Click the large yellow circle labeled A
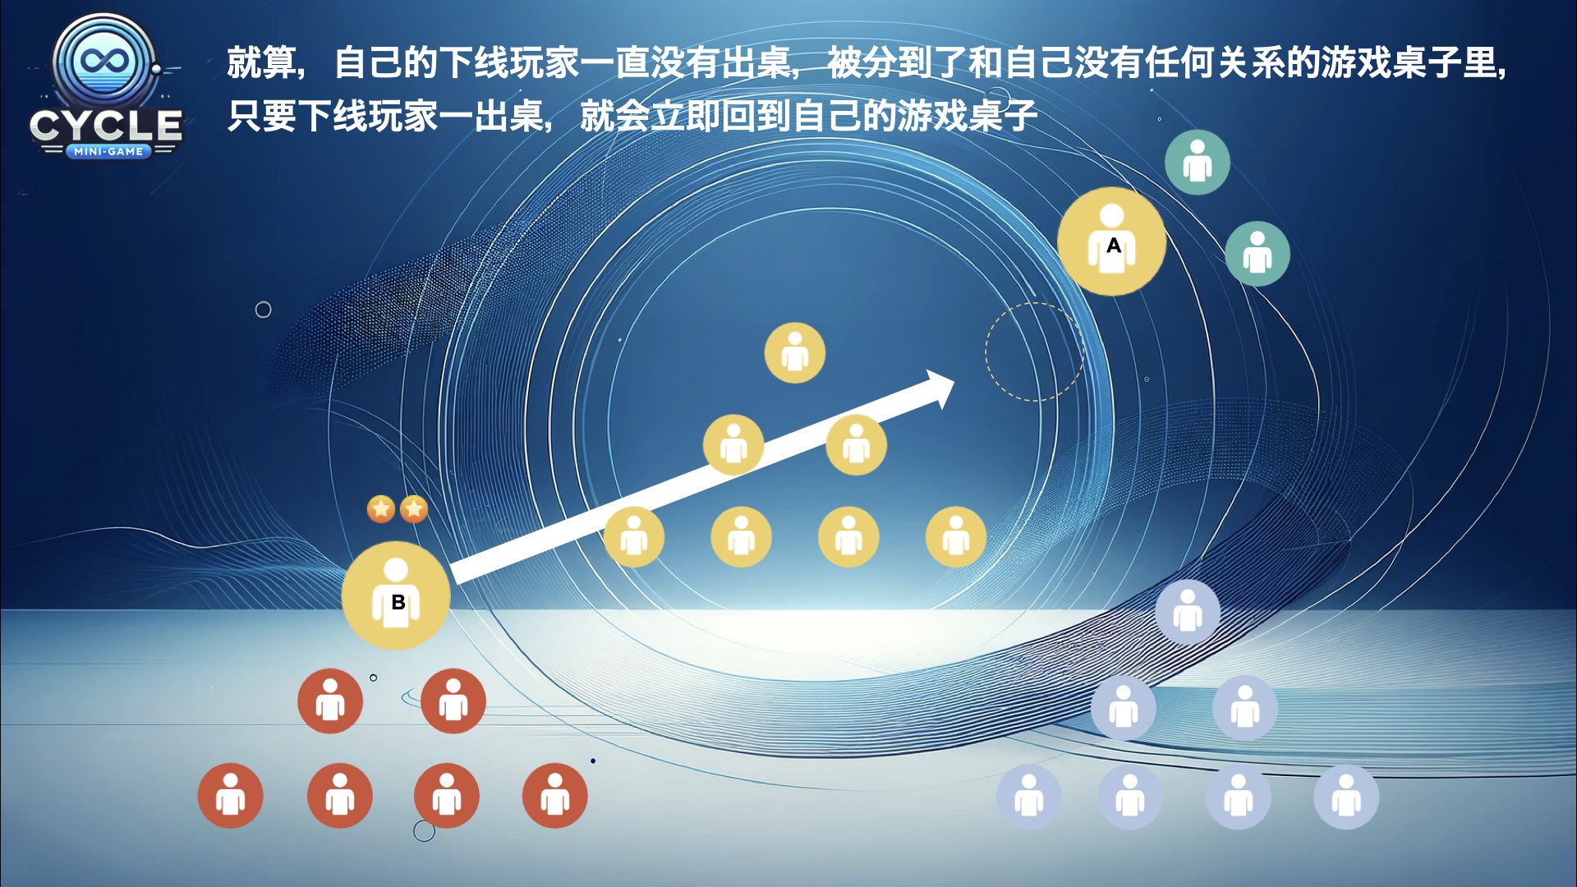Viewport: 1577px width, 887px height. click(x=1111, y=241)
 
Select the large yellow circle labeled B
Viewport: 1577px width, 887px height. click(x=396, y=595)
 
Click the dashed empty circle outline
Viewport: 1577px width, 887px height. click(x=1035, y=352)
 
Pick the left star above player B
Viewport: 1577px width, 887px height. click(x=381, y=509)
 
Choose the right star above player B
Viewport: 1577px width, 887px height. click(x=414, y=509)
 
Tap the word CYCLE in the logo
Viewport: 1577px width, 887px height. click(x=106, y=126)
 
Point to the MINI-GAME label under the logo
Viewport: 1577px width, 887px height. click(x=108, y=151)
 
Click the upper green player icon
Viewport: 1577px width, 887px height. click(x=1198, y=162)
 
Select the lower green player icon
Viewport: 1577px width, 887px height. click(x=1257, y=254)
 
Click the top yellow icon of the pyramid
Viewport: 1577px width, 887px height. click(x=795, y=353)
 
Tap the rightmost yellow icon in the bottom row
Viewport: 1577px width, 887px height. click(x=956, y=537)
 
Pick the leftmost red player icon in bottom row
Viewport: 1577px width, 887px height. click(x=231, y=796)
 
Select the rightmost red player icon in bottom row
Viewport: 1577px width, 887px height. click(x=555, y=796)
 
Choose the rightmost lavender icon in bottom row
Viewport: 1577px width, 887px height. click(x=1346, y=797)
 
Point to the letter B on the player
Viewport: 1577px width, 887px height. click(x=398, y=602)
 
